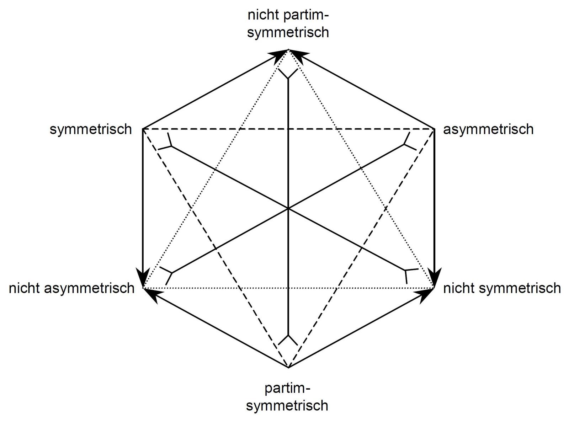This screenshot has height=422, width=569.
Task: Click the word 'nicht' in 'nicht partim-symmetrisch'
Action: [x=260, y=16]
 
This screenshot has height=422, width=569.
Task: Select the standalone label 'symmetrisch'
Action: [x=91, y=129]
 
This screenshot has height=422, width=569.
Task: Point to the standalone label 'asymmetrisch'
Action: [x=488, y=129]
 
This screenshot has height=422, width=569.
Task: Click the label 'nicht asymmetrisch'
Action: [x=71, y=288]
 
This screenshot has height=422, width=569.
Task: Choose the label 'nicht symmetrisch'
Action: [x=502, y=288]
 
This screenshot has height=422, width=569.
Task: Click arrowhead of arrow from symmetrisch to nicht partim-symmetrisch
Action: [x=280, y=54]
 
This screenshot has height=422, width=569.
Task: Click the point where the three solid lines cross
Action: [x=288, y=208]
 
